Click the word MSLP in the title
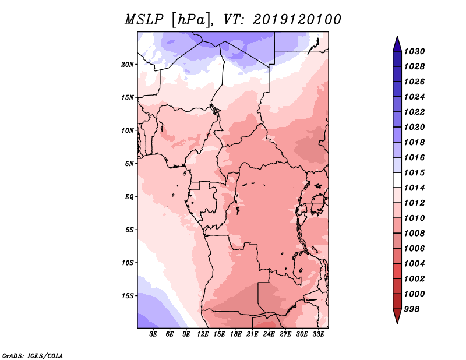coord(144,20)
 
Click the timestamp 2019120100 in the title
coord(297,20)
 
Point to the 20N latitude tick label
coord(128,65)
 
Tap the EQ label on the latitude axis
coord(129,197)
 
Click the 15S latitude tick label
coord(128,296)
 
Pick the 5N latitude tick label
coord(129,164)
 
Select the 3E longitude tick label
coord(153,334)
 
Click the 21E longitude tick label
coord(252,334)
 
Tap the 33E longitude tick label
coord(318,334)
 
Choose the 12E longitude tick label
coord(202,334)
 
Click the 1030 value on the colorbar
coord(415,51)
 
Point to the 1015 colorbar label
coord(415,172)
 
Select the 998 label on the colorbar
coord(412,309)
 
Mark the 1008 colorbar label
coord(415,234)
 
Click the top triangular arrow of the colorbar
coord(397,44)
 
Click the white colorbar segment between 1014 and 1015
coord(397,180)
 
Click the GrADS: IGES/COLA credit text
coord(33,356)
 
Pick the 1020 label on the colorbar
coord(415,127)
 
